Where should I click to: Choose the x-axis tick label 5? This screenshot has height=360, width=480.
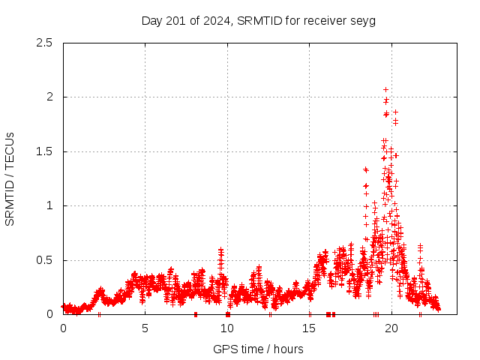145,328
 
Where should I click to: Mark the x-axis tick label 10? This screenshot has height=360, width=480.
227,328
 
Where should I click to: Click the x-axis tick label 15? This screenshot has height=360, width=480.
309,328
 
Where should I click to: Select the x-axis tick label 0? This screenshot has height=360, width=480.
63,328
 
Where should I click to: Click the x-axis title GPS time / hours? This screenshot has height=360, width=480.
258,349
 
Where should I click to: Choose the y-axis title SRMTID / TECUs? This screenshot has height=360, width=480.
10,178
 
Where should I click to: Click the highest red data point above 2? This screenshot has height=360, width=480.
385,89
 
